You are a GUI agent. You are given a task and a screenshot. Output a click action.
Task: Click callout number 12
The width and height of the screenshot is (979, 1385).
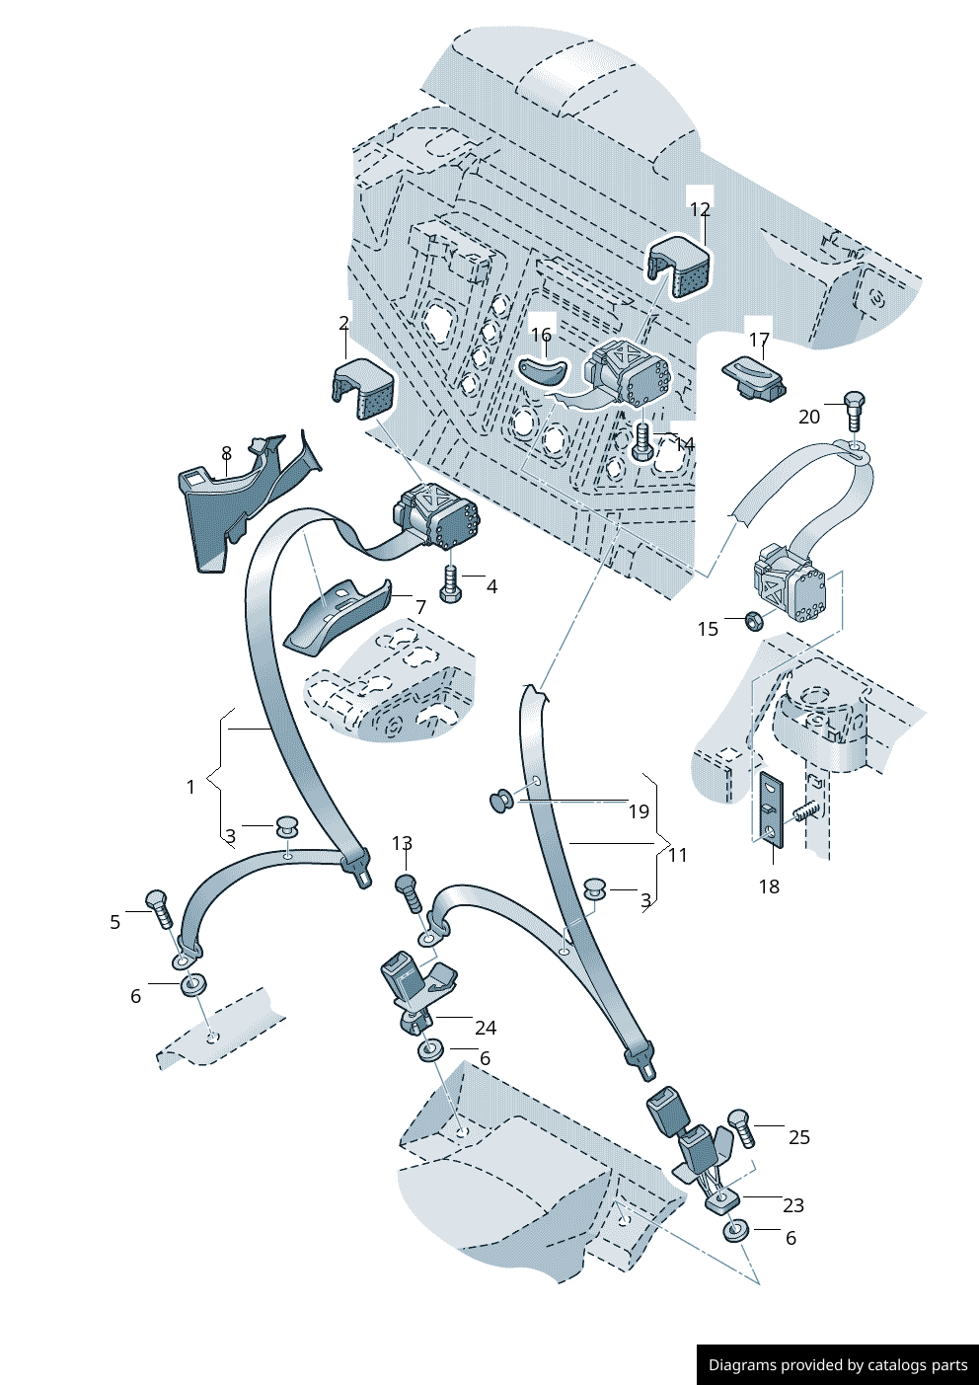700,209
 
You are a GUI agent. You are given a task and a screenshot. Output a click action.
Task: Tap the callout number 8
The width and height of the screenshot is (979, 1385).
226,453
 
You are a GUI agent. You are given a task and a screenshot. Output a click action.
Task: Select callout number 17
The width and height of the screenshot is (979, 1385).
759,340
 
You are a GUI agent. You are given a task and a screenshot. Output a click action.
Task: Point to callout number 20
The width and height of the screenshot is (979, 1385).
809,417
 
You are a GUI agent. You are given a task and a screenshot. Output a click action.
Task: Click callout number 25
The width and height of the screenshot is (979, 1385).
799,1137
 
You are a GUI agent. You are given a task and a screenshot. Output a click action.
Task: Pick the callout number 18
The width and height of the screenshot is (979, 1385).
769,886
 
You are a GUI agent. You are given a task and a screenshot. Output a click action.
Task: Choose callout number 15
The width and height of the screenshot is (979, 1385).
708,629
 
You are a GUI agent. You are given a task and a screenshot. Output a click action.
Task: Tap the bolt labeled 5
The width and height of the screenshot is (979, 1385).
158,907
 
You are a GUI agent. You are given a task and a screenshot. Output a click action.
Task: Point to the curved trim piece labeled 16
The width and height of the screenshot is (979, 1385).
542,371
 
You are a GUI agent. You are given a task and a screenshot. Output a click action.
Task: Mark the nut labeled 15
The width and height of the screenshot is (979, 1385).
750,620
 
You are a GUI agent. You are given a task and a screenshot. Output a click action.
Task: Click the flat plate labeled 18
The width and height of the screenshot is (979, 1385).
771,809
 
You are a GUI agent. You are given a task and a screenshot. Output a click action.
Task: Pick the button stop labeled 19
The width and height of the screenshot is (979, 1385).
501,800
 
